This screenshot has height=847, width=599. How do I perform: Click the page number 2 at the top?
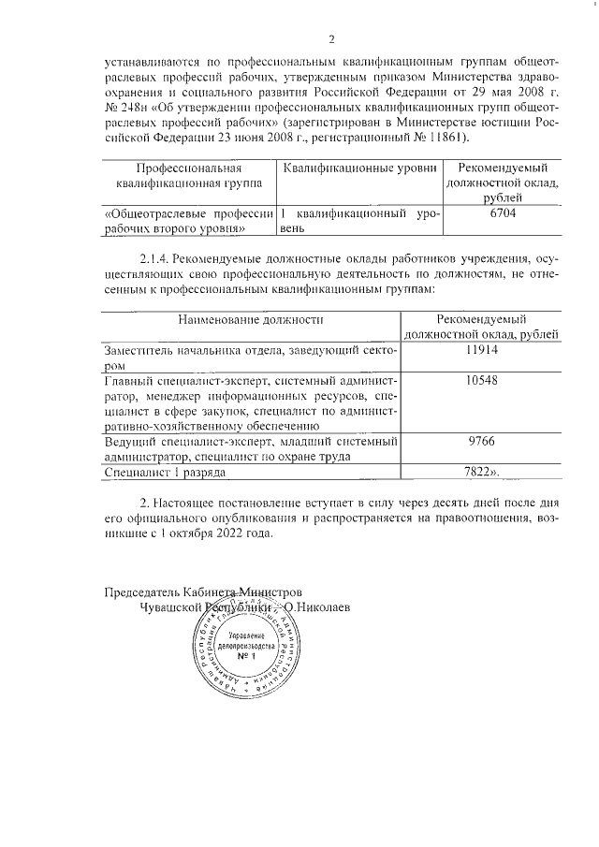point(331,38)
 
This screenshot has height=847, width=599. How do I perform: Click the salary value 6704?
point(504,214)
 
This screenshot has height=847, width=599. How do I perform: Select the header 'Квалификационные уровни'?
point(359,167)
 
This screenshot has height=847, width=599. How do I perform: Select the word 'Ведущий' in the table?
point(129,442)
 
